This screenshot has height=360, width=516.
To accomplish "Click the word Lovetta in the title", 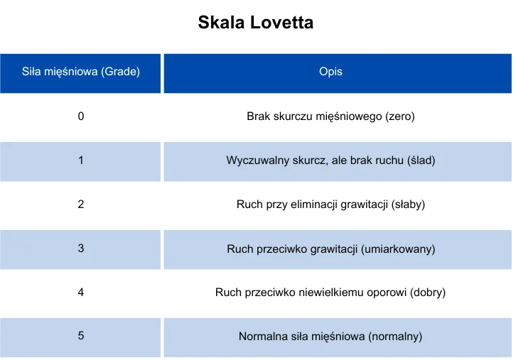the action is coord(281,22).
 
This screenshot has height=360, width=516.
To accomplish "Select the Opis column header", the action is coord(330,72).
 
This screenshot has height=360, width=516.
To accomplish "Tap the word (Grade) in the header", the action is coord(120,72).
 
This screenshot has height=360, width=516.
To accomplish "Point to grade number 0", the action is coord(81,116).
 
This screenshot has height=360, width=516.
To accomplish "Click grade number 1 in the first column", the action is coord(81,160).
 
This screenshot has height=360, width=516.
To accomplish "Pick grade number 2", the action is coord(81,204).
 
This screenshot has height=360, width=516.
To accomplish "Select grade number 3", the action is coord(81,249).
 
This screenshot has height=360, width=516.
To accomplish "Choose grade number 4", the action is coord(81,292).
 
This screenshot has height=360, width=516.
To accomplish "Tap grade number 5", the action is coord(81,336).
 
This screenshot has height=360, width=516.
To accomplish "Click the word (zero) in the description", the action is coord(400,116).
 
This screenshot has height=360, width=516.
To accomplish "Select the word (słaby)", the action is coord(408,204).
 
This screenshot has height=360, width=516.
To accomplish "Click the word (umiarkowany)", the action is coord(398,249).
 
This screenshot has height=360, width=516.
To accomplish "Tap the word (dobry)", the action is coord(427,293).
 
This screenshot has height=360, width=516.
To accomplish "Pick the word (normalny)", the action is coord(395,337).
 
